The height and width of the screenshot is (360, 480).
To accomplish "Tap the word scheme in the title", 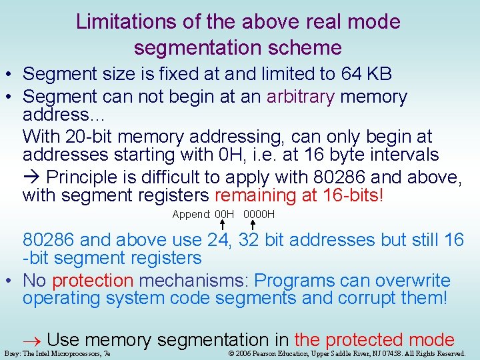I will tap(310, 48).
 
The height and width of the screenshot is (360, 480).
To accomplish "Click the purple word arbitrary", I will tap(301, 97).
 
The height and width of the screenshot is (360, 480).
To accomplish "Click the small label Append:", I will tap(192, 215).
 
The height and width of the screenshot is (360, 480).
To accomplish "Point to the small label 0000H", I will tap(259, 215).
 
